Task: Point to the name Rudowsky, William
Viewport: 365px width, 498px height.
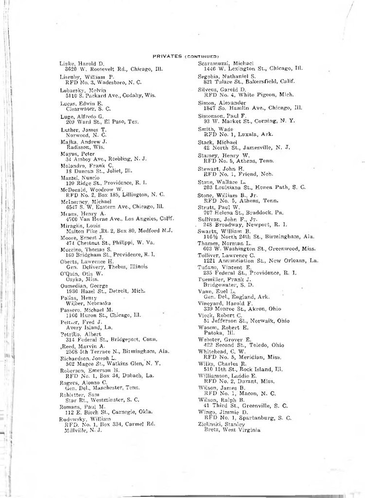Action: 85,418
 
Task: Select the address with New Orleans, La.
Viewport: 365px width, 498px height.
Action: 260,261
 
